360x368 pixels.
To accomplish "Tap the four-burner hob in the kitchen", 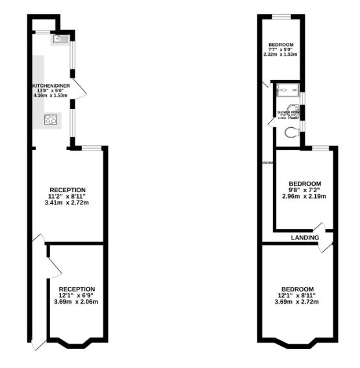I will pos(51,119).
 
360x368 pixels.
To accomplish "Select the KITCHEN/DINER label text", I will pos(50,86).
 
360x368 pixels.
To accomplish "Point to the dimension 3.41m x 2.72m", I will pos(68,203).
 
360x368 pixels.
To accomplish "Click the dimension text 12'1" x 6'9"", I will pos(77,295).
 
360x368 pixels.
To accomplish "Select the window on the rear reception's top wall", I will pos(92,148).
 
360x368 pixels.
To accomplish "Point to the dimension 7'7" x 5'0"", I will pos(281,49).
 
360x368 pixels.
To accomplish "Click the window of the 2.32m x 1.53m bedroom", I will pos(281,16).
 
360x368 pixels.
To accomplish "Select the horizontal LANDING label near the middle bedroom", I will pos(305,238).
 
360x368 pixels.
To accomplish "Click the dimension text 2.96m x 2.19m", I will pos(304,197).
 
